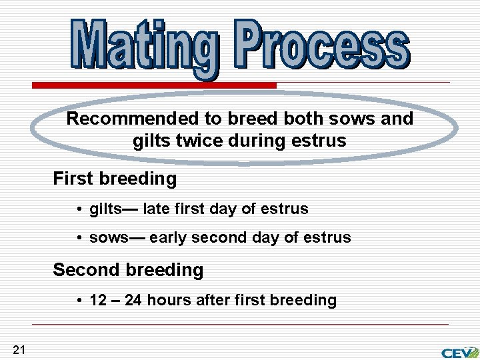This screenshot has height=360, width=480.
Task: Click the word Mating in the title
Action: click(x=144, y=45)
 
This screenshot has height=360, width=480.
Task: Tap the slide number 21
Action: click(x=19, y=349)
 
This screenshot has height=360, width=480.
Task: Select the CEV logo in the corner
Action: click(x=459, y=352)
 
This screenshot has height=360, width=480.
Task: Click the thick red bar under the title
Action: click(x=155, y=85)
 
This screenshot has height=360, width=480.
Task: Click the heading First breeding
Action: click(x=115, y=179)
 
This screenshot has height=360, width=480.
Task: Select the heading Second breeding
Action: click(x=128, y=270)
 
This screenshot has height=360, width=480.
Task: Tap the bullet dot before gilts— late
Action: click(x=79, y=209)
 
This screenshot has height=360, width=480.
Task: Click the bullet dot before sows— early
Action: click(x=79, y=239)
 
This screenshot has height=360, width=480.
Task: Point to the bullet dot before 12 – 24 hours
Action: click(x=79, y=301)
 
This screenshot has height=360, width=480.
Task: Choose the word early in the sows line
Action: click(x=169, y=238)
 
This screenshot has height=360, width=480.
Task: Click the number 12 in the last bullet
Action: click(x=98, y=300)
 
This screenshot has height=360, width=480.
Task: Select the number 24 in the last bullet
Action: click(x=133, y=300)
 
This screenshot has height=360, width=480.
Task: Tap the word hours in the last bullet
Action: click(x=168, y=300)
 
